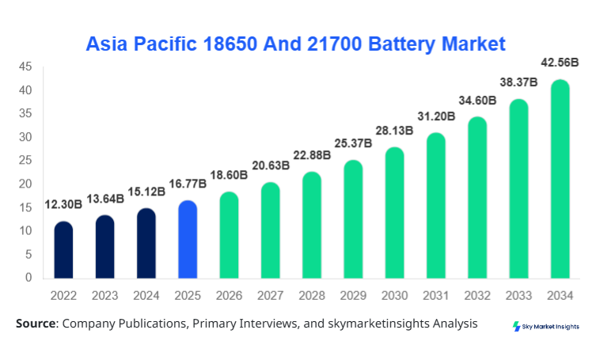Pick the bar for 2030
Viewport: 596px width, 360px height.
click(x=395, y=213)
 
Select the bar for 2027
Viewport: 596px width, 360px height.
click(x=271, y=230)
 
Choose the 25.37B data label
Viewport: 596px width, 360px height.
click(x=354, y=145)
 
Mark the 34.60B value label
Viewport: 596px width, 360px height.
click(x=477, y=100)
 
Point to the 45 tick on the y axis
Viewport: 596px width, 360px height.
click(x=27, y=67)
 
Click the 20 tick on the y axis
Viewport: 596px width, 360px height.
click(x=27, y=184)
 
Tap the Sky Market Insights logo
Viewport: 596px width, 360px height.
click(x=546, y=326)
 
